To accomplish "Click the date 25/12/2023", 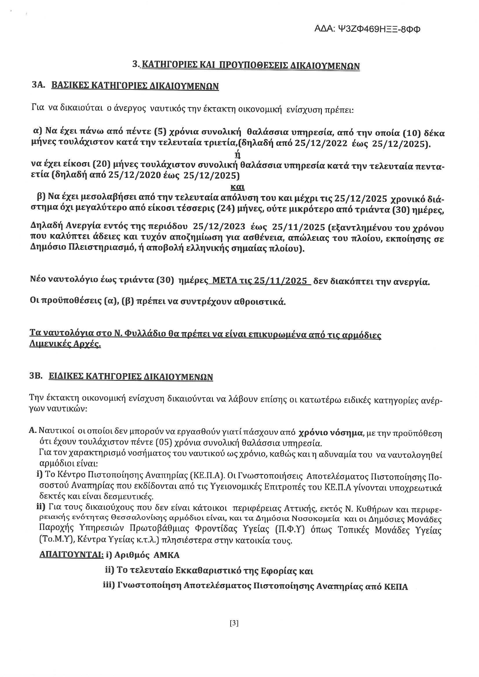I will coord(219,227).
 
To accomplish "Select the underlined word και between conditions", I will coord(237,187).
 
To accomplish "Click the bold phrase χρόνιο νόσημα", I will coord(330,433).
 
